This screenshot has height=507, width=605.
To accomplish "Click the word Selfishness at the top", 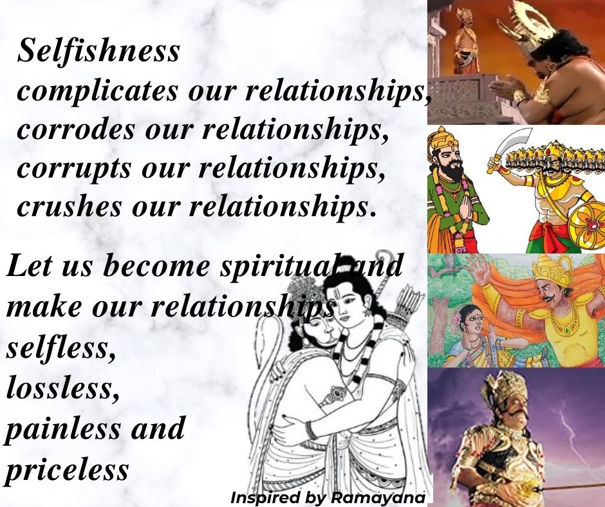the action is [x=98, y=50].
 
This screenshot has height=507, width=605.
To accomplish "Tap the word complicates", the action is [x=98, y=91].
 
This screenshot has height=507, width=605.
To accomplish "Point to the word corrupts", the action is [x=74, y=168].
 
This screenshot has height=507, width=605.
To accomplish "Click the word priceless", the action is [x=67, y=470].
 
